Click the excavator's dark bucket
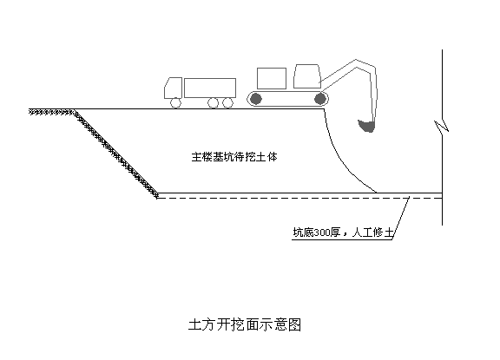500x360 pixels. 366,126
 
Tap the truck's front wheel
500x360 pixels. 175,103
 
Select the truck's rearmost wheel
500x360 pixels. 227,103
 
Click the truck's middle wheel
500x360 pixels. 213,103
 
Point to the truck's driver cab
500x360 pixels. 173,88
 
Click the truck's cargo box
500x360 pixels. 210,88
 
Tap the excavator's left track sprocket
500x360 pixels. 256,99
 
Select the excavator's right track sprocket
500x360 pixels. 319,99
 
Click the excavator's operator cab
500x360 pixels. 307,76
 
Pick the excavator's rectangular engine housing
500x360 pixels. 272,78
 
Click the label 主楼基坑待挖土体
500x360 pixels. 234,157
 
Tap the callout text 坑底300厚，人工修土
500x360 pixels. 343,232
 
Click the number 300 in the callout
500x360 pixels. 322,232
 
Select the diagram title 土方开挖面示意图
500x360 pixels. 245,324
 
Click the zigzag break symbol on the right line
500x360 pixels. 442,127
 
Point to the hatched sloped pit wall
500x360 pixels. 116,154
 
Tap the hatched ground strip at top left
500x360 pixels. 53,112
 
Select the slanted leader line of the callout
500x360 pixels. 400,218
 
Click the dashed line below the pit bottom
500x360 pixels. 299,198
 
